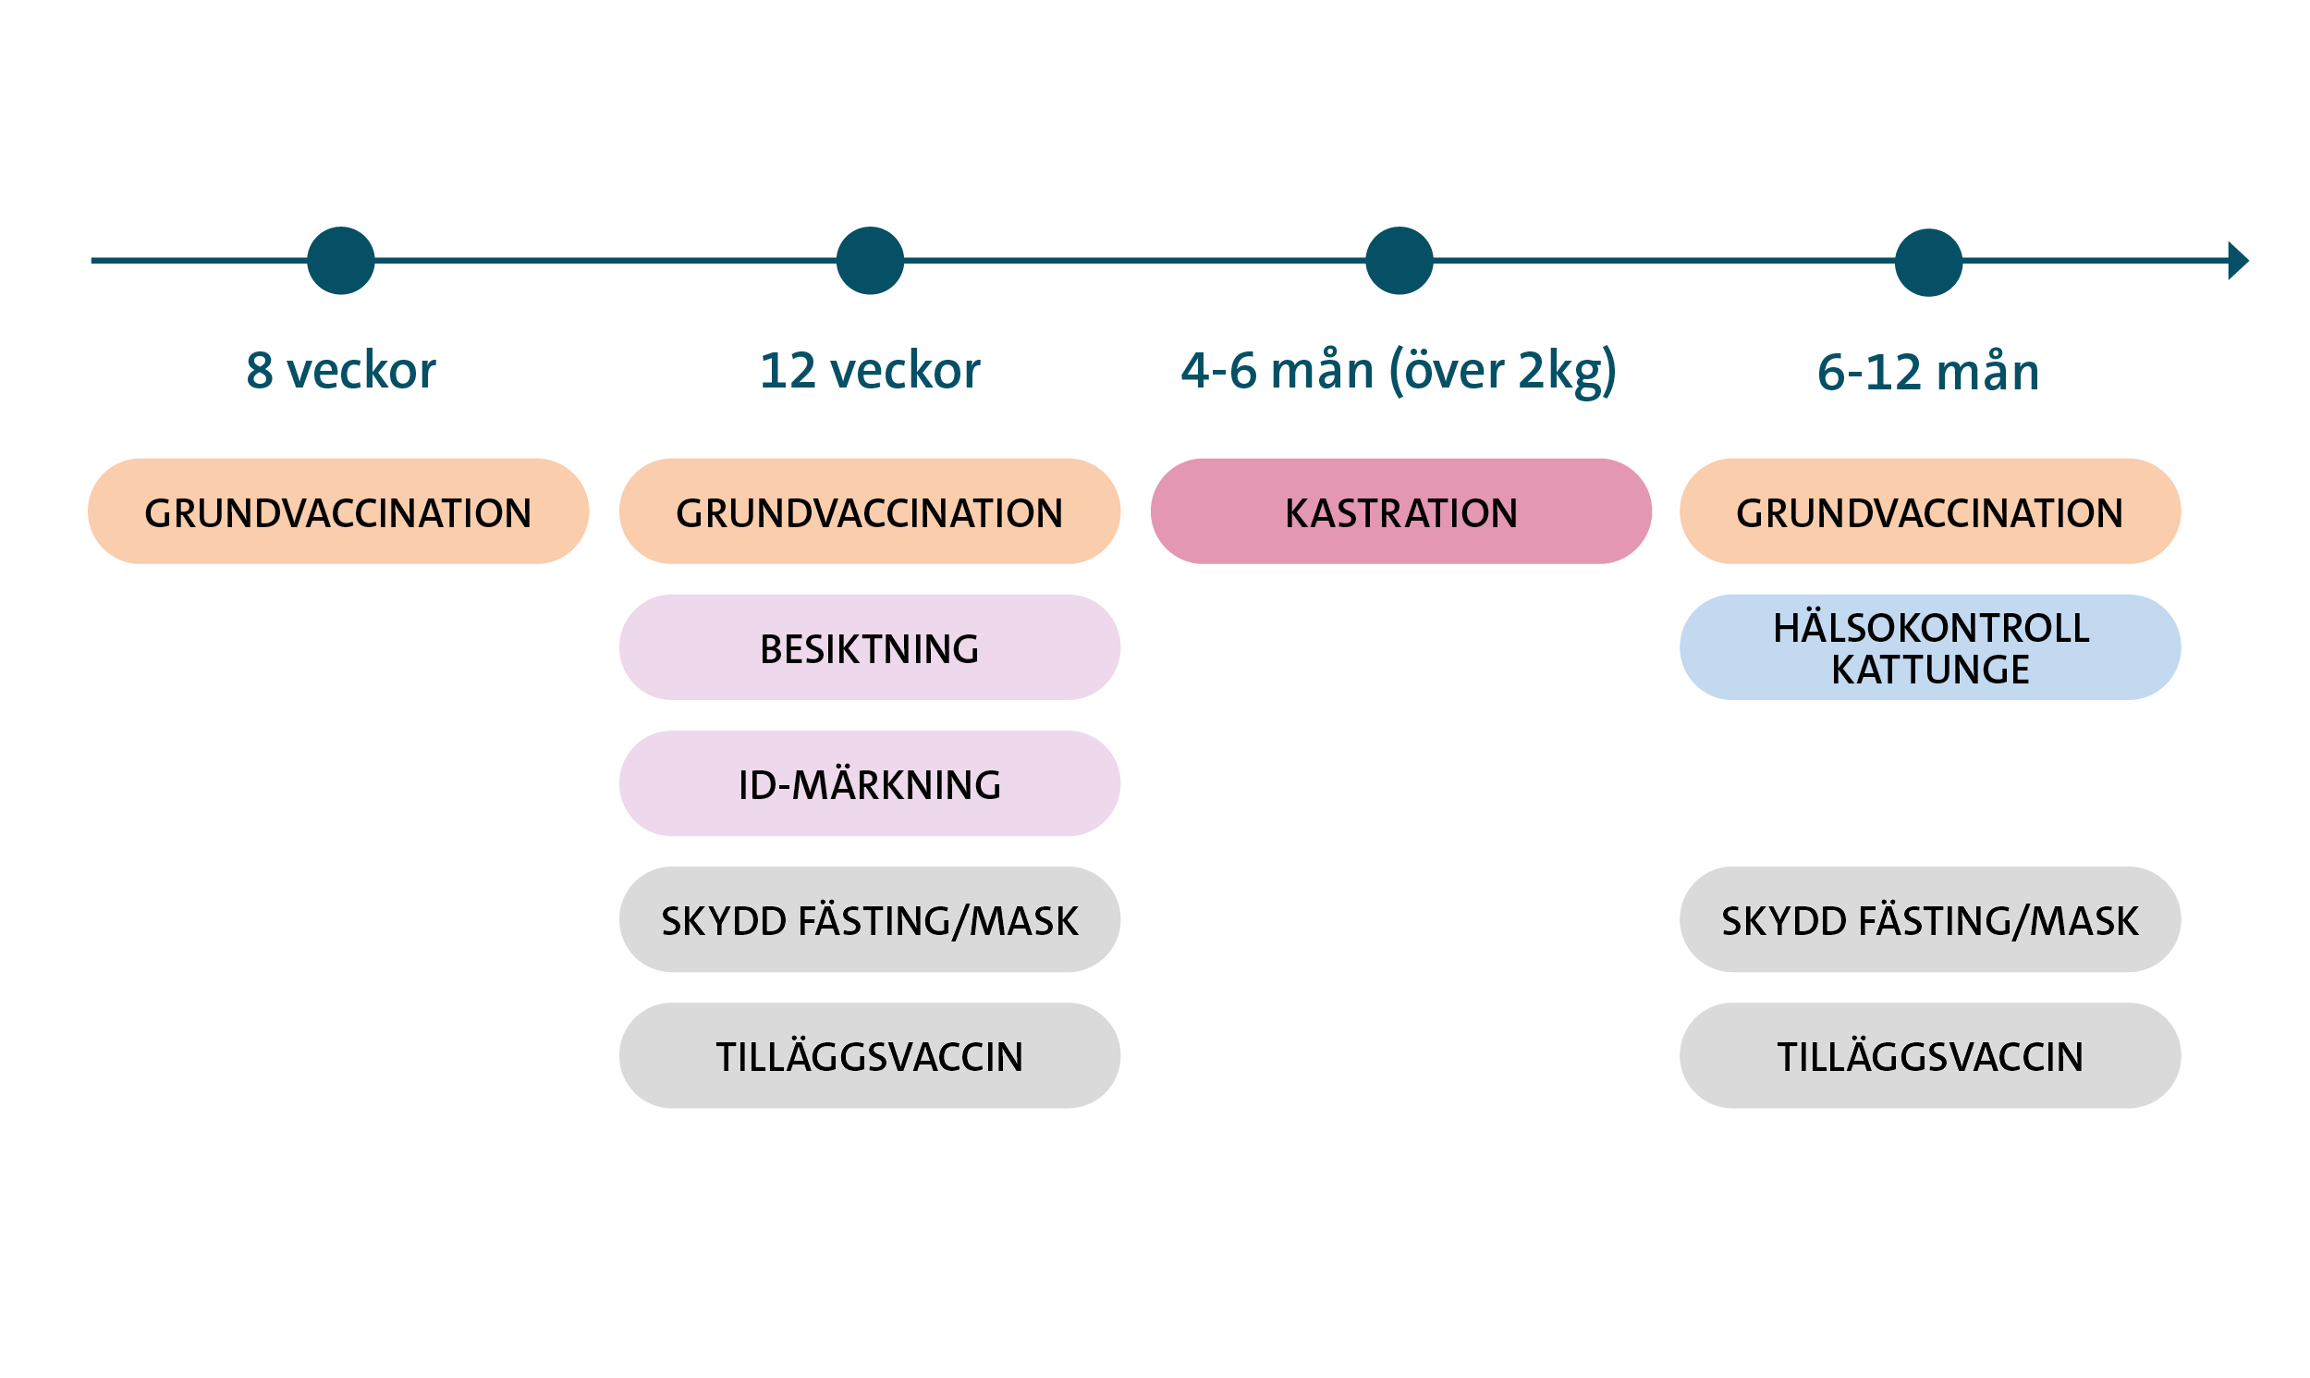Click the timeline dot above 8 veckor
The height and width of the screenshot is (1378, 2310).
click(x=340, y=261)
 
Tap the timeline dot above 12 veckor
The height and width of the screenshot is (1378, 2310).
click(x=870, y=261)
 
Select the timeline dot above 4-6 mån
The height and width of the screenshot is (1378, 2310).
click(x=1399, y=261)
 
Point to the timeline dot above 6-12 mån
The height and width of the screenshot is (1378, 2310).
click(x=1927, y=262)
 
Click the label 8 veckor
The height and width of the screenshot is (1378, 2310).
click(x=340, y=371)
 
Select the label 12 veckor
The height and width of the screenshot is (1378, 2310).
click(x=870, y=371)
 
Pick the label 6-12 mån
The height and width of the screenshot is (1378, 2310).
click(x=1927, y=373)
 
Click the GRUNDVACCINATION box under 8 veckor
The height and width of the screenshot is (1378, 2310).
click(x=337, y=511)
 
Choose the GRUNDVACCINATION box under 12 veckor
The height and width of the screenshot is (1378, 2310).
click(x=870, y=511)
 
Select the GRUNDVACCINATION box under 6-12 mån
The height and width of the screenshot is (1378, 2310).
click(x=1929, y=511)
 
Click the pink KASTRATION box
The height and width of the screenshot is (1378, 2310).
click(x=1400, y=511)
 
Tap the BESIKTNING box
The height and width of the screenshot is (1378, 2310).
click(x=870, y=647)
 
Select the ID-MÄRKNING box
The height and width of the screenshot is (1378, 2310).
click(x=870, y=783)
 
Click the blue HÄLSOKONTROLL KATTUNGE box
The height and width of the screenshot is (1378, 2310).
click(x=1929, y=647)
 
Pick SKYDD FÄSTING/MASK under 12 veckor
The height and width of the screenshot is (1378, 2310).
click(x=870, y=920)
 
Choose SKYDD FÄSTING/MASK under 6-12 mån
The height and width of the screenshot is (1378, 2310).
click(x=1929, y=920)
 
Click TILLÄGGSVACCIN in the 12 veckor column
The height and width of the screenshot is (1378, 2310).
click(x=870, y=1056)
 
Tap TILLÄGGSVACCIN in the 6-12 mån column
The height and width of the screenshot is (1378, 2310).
click(x=1929, y=1056)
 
